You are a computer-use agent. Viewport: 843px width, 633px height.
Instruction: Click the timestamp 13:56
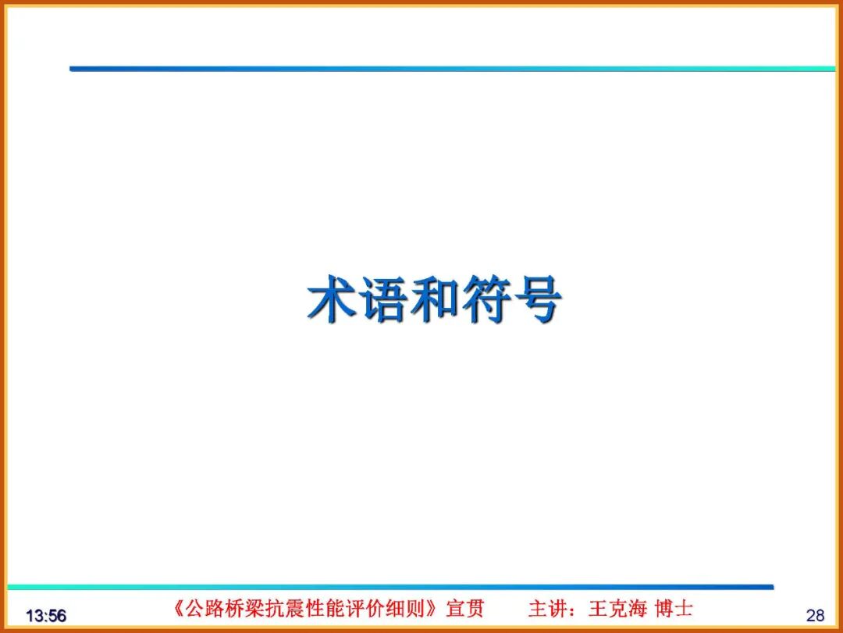pyautogui.click(x=46, y=616)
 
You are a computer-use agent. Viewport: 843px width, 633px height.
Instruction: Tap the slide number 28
pyautogui.click(x=815, y=615)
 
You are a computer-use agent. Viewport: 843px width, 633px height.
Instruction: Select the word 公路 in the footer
pyautogui.click(x=201, y=608)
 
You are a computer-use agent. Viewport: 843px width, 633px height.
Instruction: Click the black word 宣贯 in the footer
pyautogui.click(x=465, y=608)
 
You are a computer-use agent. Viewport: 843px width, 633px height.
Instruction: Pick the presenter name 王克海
pyautogui.click(x=617, y=608)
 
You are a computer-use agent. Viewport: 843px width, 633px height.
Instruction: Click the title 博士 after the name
pyautogui.click(x=674, y=608)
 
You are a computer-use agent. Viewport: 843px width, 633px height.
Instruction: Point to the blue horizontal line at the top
pyautogui.click(x=453, y=69)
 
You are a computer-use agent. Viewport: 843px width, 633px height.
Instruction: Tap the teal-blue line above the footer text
pyautogui.click(x=390, y=586)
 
